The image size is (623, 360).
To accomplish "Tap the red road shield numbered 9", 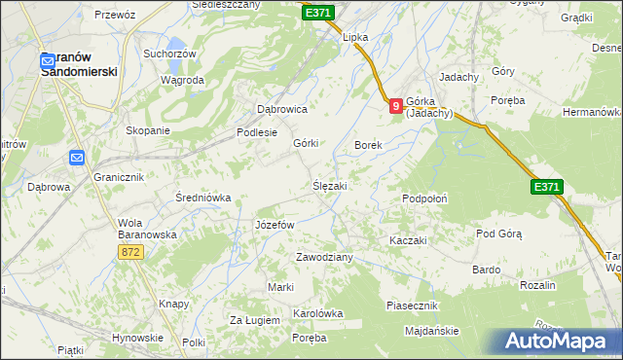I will (x=395, y=106).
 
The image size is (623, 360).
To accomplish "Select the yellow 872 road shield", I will (x=132, y=252).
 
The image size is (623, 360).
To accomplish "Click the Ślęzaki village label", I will (x=329, y=185).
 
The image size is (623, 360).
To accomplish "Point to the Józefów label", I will (x=274, y=225).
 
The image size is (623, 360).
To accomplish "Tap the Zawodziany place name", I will (x=324, y=257).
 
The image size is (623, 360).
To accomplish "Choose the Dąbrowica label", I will (x=281, y=110).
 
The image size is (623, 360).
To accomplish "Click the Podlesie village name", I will (x=257, y=133).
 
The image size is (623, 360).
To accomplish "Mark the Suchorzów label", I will (x=169, y=54).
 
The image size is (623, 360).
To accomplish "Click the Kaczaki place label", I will (x=408, y=240).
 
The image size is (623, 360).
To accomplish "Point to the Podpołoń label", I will (x=424, y=198).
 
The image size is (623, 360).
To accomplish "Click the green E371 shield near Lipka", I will (x=318, y=13).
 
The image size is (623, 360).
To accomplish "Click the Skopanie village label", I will (x=148, y=130).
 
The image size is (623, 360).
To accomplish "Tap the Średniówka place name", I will (x=202, y=198).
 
